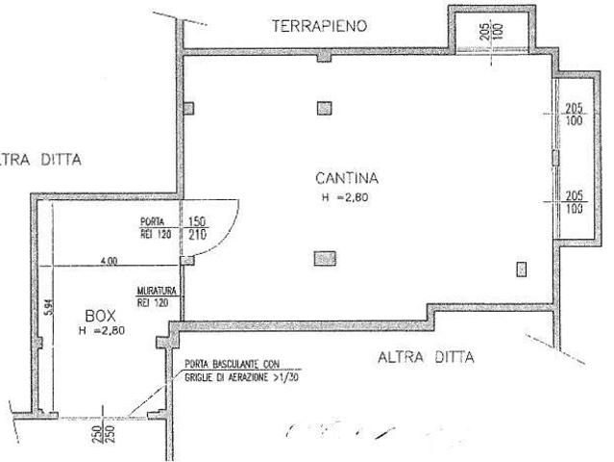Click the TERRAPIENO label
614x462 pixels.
[x=320, y=27]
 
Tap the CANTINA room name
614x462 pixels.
[x=347, y=178]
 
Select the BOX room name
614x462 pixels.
[x=101, y=315]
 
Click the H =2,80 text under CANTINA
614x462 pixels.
[x=346, y=198]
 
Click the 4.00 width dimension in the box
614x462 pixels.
[x=109, y=260]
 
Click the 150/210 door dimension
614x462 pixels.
[x=196, y=227]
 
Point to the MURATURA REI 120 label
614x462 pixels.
[x=154, y=296]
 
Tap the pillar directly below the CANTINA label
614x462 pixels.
[x=324, y=258]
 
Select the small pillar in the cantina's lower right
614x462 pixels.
[x=523, y=269]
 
